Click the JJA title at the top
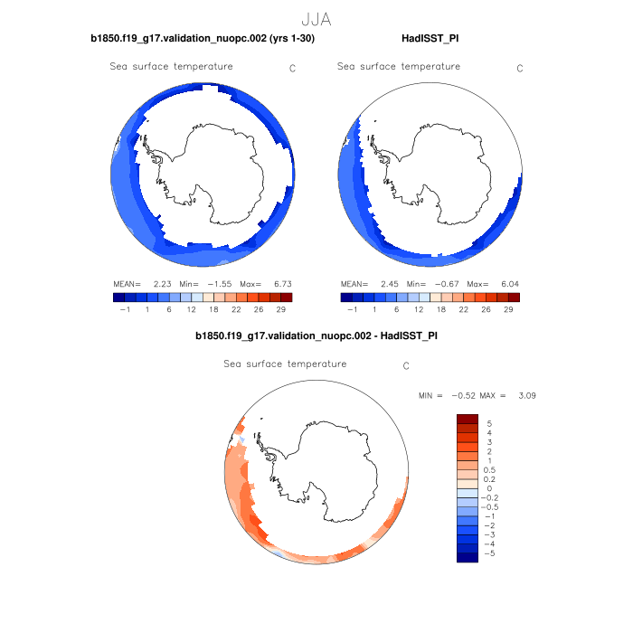coord(316,19)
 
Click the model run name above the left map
coord(203,39)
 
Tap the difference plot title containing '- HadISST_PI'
coord(316,336)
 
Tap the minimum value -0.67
coord(447,283)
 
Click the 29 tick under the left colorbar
coord(281,308)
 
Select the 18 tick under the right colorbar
coord(440,308)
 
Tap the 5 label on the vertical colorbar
coord(489,422)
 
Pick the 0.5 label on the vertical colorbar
coord(491,469)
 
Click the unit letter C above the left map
coord(292,68)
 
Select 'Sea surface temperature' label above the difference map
coord(285,364)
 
